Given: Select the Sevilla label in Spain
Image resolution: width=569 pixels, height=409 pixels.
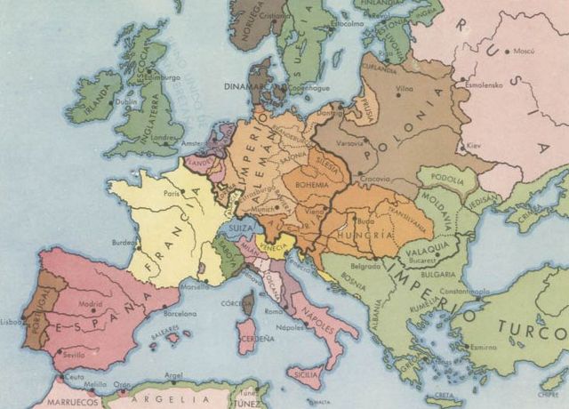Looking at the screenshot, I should click(75, 354).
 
